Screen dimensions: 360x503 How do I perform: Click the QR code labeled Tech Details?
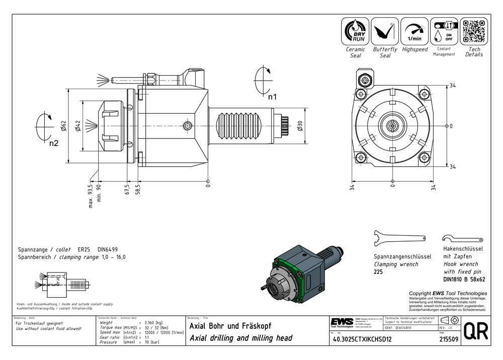(474, 31)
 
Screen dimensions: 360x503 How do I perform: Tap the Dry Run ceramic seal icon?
(355, 31)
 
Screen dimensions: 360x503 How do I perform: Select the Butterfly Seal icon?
(385, 31)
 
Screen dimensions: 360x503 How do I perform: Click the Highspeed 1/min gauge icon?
(414, 31)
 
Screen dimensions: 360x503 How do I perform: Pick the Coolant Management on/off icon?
(444, 31)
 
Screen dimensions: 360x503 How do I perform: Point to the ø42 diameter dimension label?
(78, 126)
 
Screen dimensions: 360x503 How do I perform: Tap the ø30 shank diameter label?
(300, 126)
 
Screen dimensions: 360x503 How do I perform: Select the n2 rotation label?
(54, 143)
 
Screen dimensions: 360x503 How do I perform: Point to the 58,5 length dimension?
(137, 189)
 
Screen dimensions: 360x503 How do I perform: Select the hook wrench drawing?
(461, 238)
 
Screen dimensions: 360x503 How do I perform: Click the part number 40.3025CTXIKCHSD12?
(362, 339)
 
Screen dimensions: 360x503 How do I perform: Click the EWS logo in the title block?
(342, 323)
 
